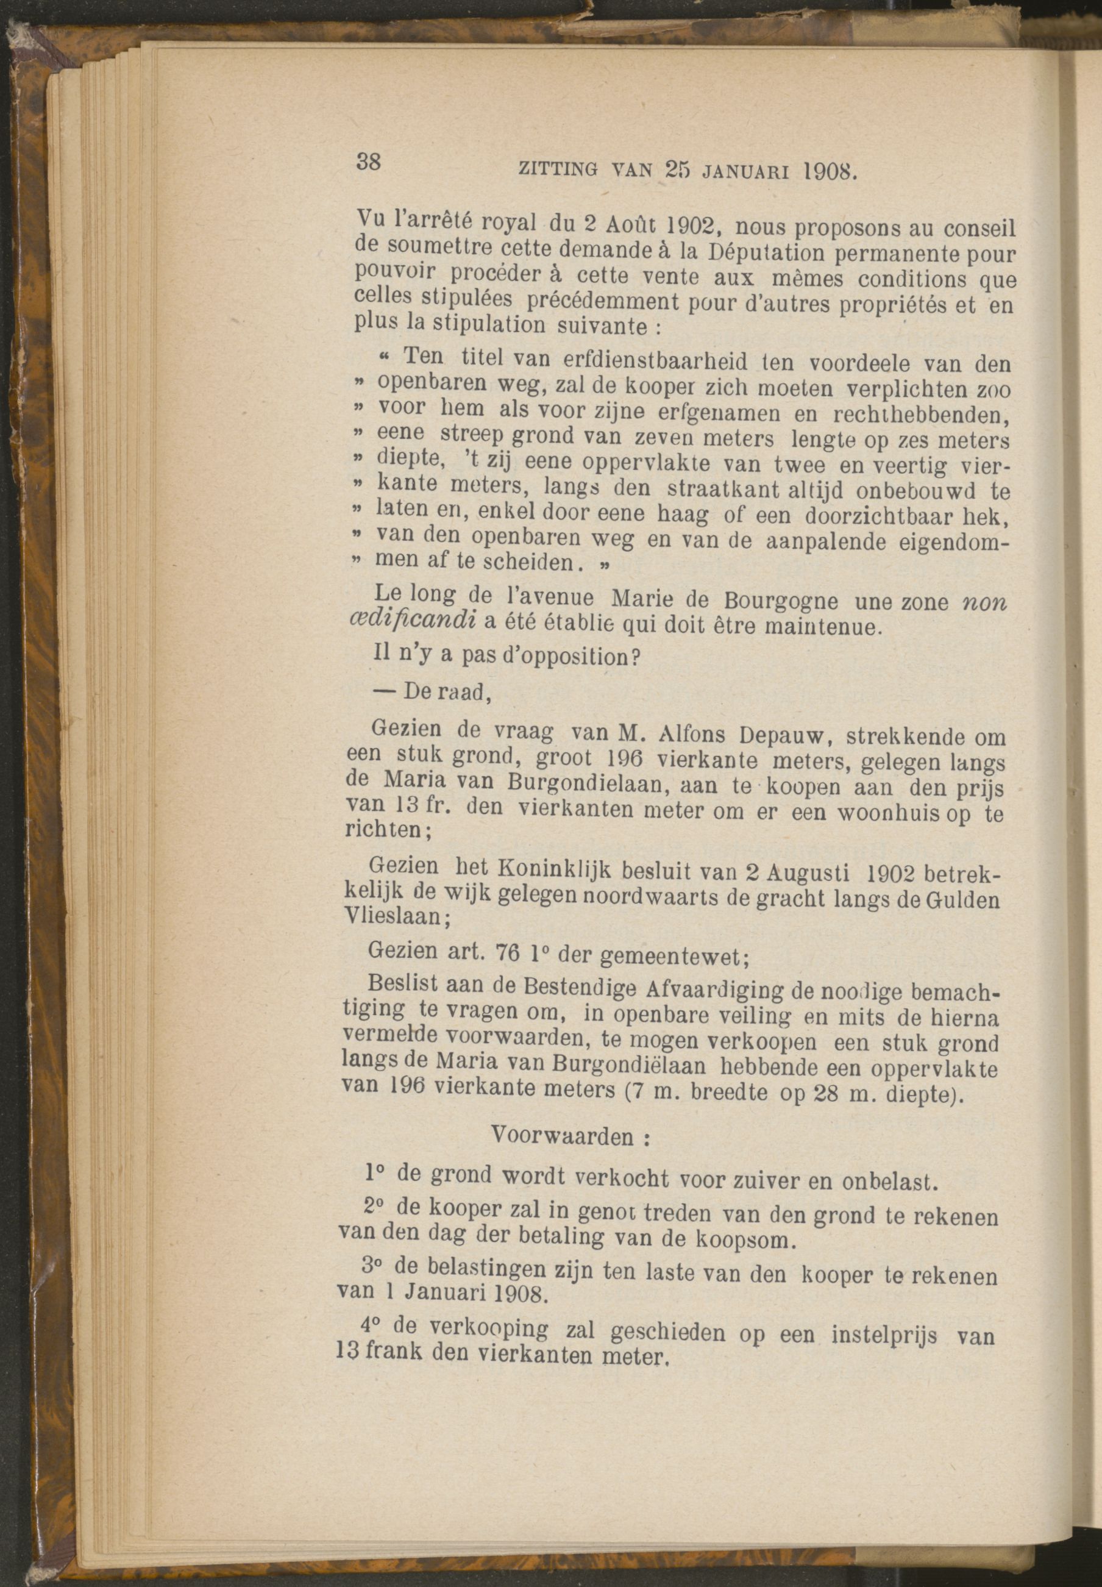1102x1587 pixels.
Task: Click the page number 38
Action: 369,163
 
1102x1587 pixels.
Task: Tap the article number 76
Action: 509,953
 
